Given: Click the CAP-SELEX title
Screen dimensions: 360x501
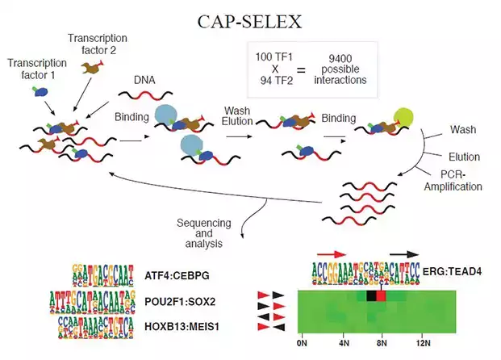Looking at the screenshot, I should [x=251, y=21].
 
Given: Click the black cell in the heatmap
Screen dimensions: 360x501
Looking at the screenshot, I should [x=371, y=296].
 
